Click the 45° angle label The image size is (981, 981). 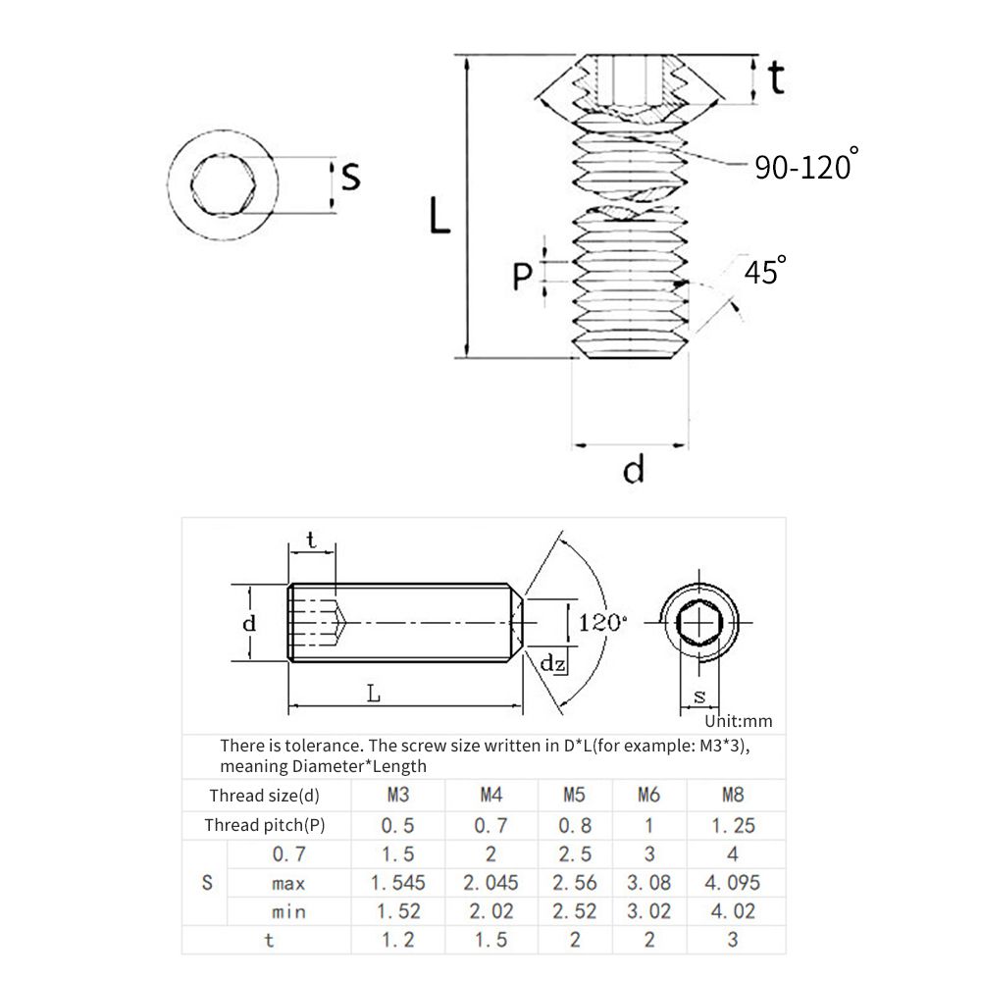coord(765,271)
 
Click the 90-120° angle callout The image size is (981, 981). coord(806,164)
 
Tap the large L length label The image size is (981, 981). coord(439,215)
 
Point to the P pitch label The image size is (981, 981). coord(522,276)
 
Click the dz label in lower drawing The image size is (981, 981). coord(552,663)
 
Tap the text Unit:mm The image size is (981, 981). coord(739,721)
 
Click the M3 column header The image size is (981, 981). coord(398,795)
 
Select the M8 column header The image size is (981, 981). coord(733,795)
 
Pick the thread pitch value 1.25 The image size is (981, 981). coord(733,825)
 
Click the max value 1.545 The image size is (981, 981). coord(398,883)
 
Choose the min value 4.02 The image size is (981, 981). coord(733,911)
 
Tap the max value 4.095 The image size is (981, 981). coord(733,883)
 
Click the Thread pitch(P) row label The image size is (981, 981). coord(265,825)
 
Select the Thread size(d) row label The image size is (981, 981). coord(265,796)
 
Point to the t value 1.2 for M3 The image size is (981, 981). coord(398,940)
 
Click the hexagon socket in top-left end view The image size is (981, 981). coord(223,185)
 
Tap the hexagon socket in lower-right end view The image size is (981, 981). coord(699,623)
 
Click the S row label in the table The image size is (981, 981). coord(207,883)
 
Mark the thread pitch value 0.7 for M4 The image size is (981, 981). coord(491,825)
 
